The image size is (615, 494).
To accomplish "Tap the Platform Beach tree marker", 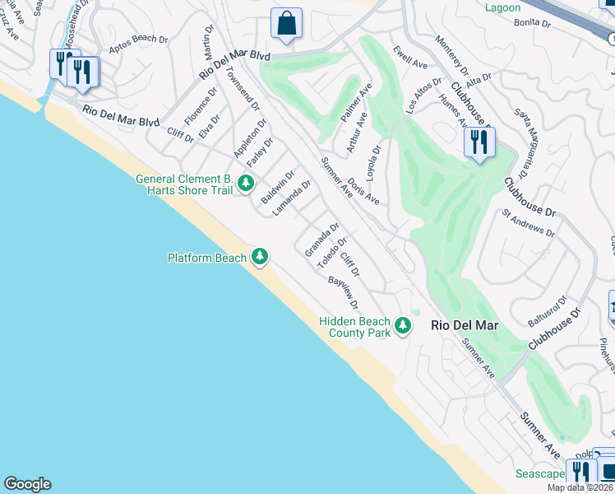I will [260, 258].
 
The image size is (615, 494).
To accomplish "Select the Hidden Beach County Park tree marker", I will [402, 326].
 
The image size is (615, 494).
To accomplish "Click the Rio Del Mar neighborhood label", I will [465, 326].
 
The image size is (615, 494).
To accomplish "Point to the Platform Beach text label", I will [207, 258].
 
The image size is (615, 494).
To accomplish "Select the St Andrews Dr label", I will [529, 223].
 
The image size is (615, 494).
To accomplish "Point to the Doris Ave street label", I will [363, 190].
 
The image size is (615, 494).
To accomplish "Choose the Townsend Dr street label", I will [241, 90].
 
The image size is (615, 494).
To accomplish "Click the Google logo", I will [27, 484].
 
